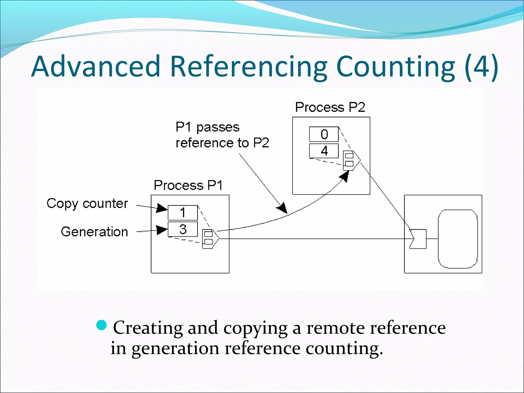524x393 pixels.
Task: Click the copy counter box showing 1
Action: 183,213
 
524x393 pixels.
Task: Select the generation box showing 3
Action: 183,229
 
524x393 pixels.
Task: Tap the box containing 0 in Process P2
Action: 324,134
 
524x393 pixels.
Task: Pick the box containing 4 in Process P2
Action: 324,151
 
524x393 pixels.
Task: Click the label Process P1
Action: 188,185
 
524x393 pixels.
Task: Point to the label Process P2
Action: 330,107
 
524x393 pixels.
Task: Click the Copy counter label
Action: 87,204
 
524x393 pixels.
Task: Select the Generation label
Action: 94,232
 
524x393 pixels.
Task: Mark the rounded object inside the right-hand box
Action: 458,239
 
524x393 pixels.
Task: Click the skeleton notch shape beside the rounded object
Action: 418,239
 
